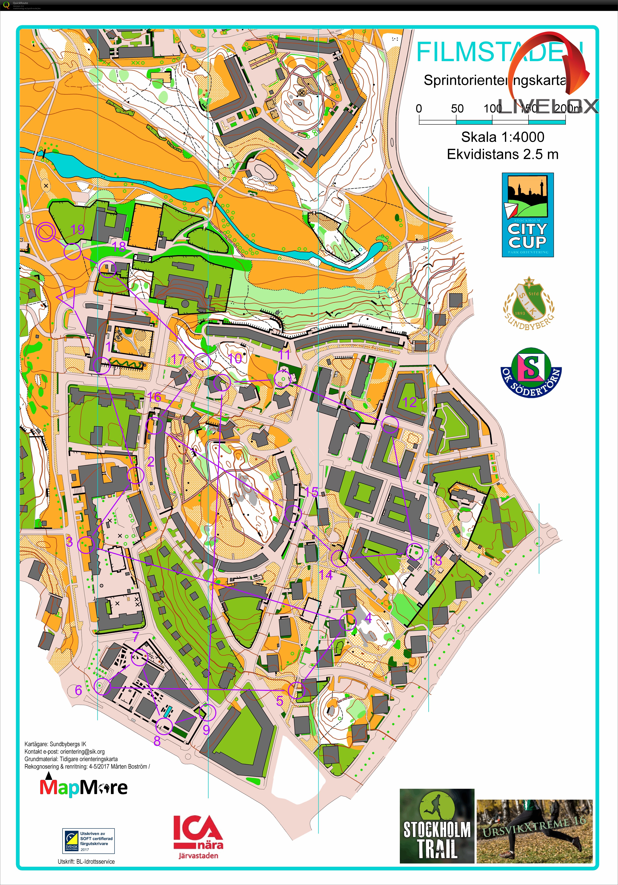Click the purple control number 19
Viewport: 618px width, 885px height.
pos(78,229)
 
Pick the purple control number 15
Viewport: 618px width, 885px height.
pos(312,492)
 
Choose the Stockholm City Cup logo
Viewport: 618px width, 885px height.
pos(528,215)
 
